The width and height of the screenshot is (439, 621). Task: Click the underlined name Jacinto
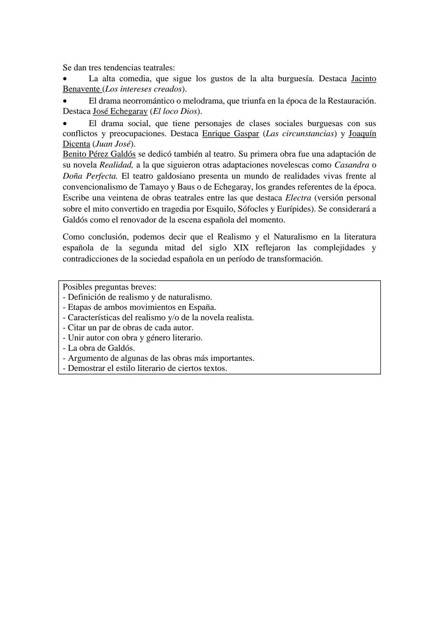[363, 78]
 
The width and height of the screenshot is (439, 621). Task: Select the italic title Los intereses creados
[143, 89]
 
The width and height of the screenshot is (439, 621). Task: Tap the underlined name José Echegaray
[120, 111]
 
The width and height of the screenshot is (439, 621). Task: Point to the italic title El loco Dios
[174, 111]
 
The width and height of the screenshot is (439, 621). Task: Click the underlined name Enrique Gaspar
[230, 133]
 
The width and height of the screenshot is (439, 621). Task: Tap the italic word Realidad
[116, 165]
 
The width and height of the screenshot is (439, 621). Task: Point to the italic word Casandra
[352, 165]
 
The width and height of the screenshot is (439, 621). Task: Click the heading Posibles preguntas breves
[109, 287]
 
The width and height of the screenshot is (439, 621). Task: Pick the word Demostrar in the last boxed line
[86, 368]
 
